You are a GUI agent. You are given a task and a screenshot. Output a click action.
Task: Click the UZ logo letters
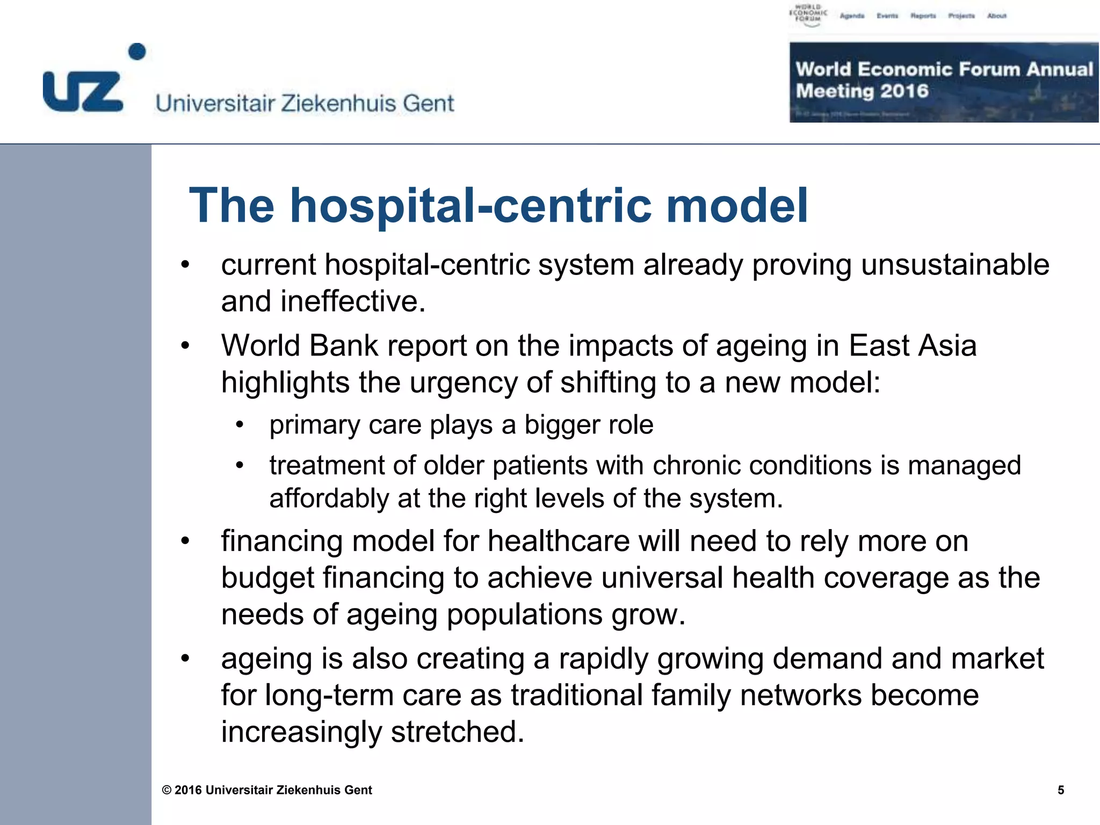click(x=83, y=92)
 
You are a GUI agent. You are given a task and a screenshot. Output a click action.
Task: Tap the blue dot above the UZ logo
click(x=137, y=52)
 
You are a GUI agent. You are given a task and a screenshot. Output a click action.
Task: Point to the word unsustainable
click(x=955, y=265)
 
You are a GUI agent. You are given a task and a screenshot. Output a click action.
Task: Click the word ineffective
click(x=353, y=301)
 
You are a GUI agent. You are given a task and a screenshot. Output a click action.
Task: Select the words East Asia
click(x=913, y=346)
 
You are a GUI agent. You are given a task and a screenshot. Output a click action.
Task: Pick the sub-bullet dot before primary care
click(x=240, y=425)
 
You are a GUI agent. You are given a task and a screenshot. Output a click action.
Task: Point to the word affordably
click(x=329, y=499)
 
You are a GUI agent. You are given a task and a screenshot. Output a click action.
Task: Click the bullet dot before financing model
click(x=185, y=541)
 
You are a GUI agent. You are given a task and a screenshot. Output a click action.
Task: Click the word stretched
click(x=457, y=732)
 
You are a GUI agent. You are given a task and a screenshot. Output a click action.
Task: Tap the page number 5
click(x=1061, y=790)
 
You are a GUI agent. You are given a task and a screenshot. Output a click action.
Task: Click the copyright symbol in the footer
click(x=167, y=790)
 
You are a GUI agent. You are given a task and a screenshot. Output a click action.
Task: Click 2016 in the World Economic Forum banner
click(x=904, y=91)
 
